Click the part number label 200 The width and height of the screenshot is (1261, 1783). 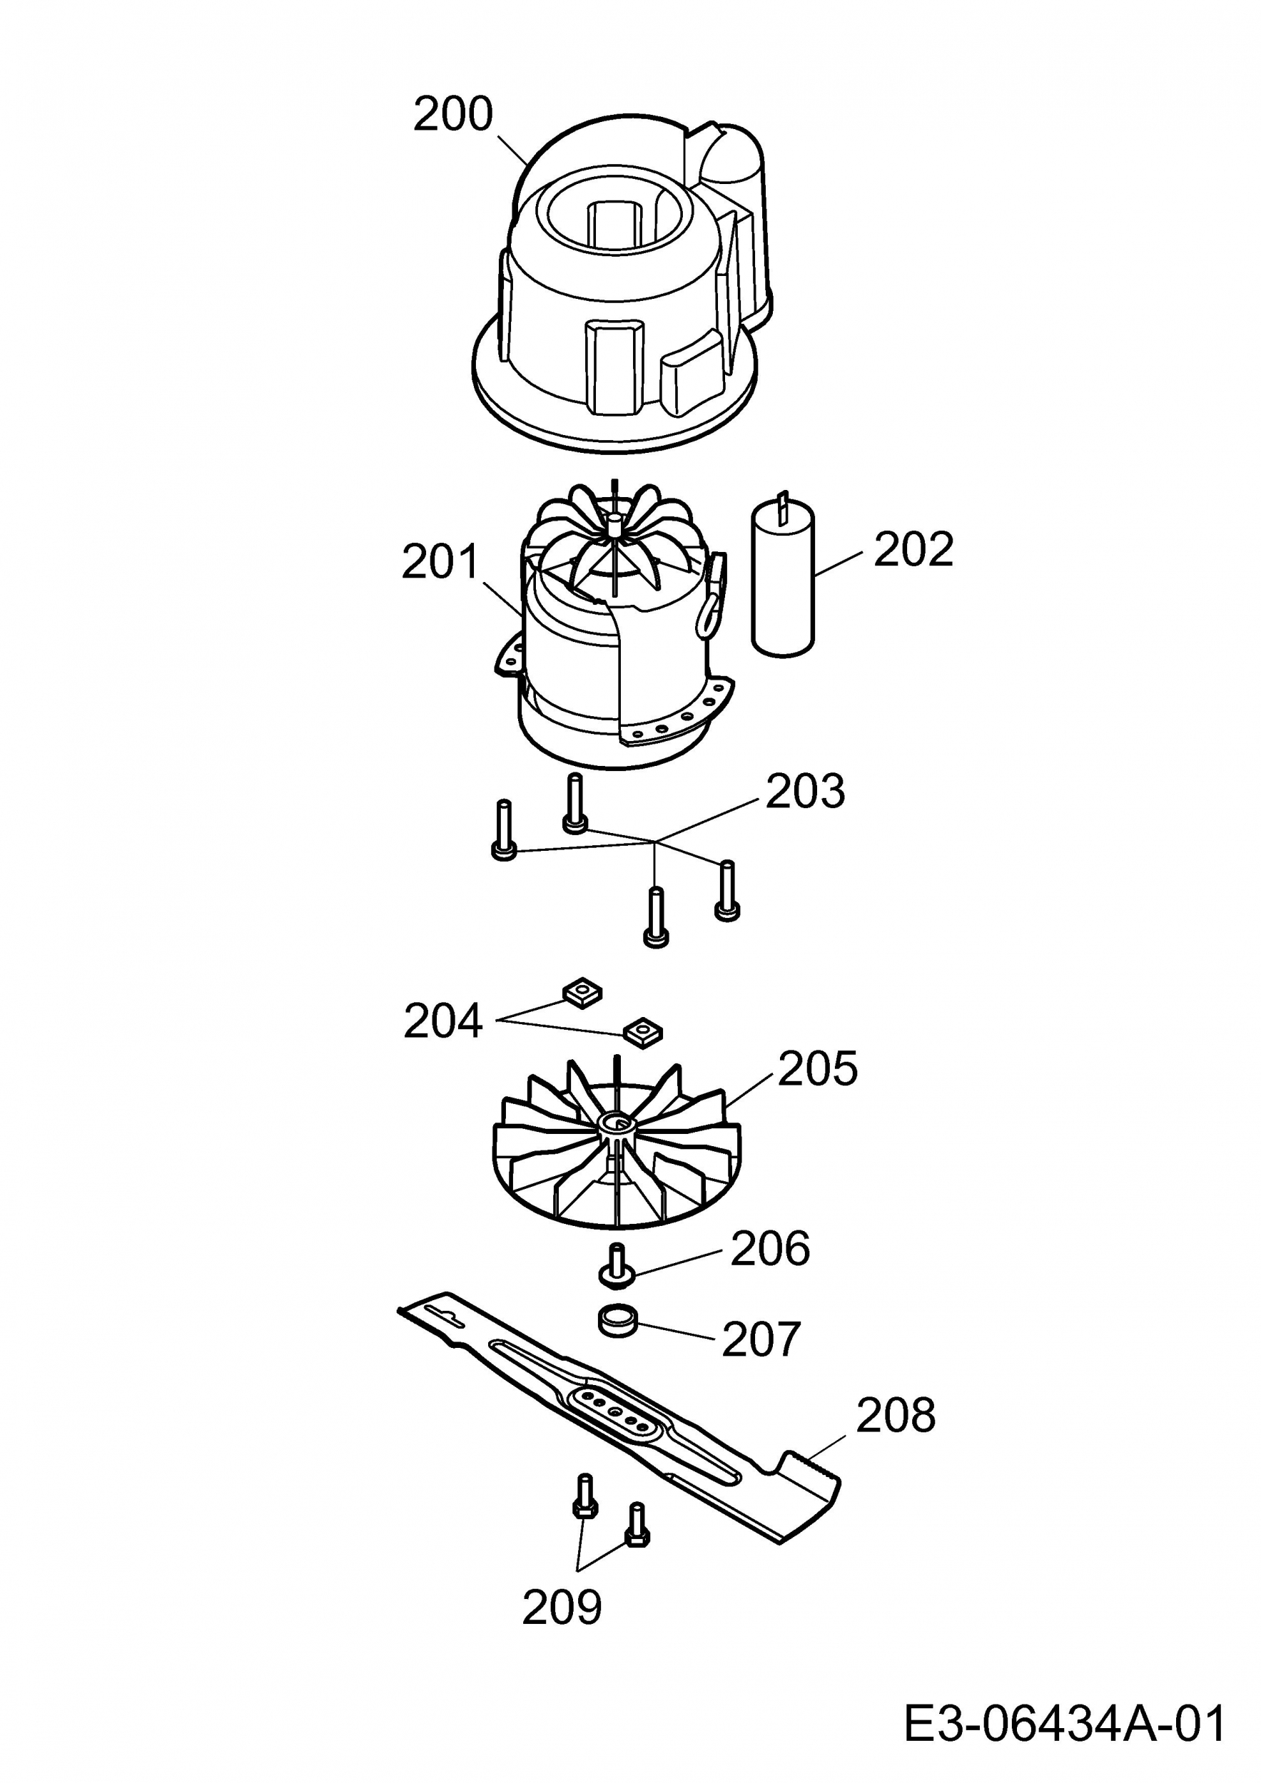click(x=452, y=114)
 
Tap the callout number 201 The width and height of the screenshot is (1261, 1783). click(x=440, y=562)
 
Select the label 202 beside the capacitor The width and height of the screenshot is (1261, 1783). click(x=913, y=550)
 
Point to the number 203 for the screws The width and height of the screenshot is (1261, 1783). click(x=805, y=792)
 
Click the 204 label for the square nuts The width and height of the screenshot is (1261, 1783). click(x=443, y=1021)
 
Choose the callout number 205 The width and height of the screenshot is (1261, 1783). click(x=817, y=1068)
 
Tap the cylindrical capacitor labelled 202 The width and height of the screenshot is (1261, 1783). click(x=782, y=578)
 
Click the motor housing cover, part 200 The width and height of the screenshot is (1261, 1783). click(x=614, y=295)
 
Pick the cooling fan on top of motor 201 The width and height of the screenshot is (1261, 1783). click(x=614, y=536)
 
